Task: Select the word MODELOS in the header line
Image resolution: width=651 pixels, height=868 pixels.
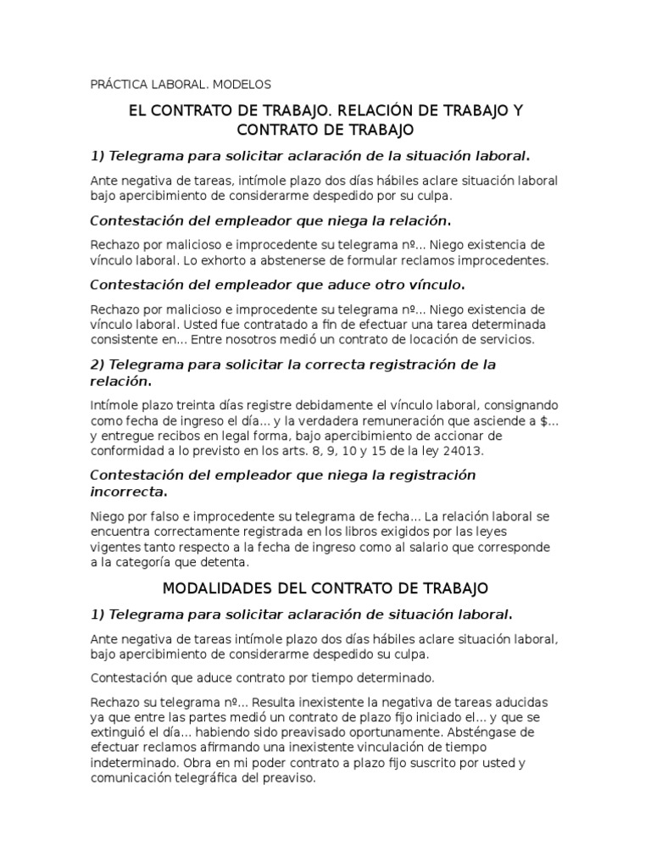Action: tap(242, 85)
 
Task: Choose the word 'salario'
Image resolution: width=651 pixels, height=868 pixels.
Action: tap(390, 547)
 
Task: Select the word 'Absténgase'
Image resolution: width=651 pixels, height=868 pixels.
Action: tap(478, 732)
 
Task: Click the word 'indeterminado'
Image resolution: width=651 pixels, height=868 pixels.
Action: tap(131, 763)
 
